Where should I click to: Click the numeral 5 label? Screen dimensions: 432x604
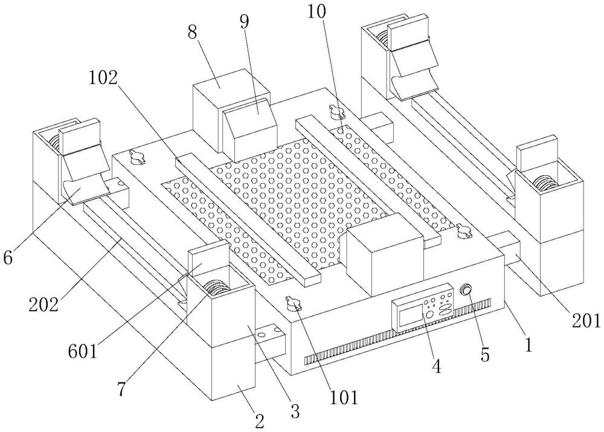[485, 353]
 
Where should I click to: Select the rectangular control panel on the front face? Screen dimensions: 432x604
[423, 308]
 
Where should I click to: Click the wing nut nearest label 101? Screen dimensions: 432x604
[294, 303]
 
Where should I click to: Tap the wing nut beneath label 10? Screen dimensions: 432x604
[336, 111]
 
